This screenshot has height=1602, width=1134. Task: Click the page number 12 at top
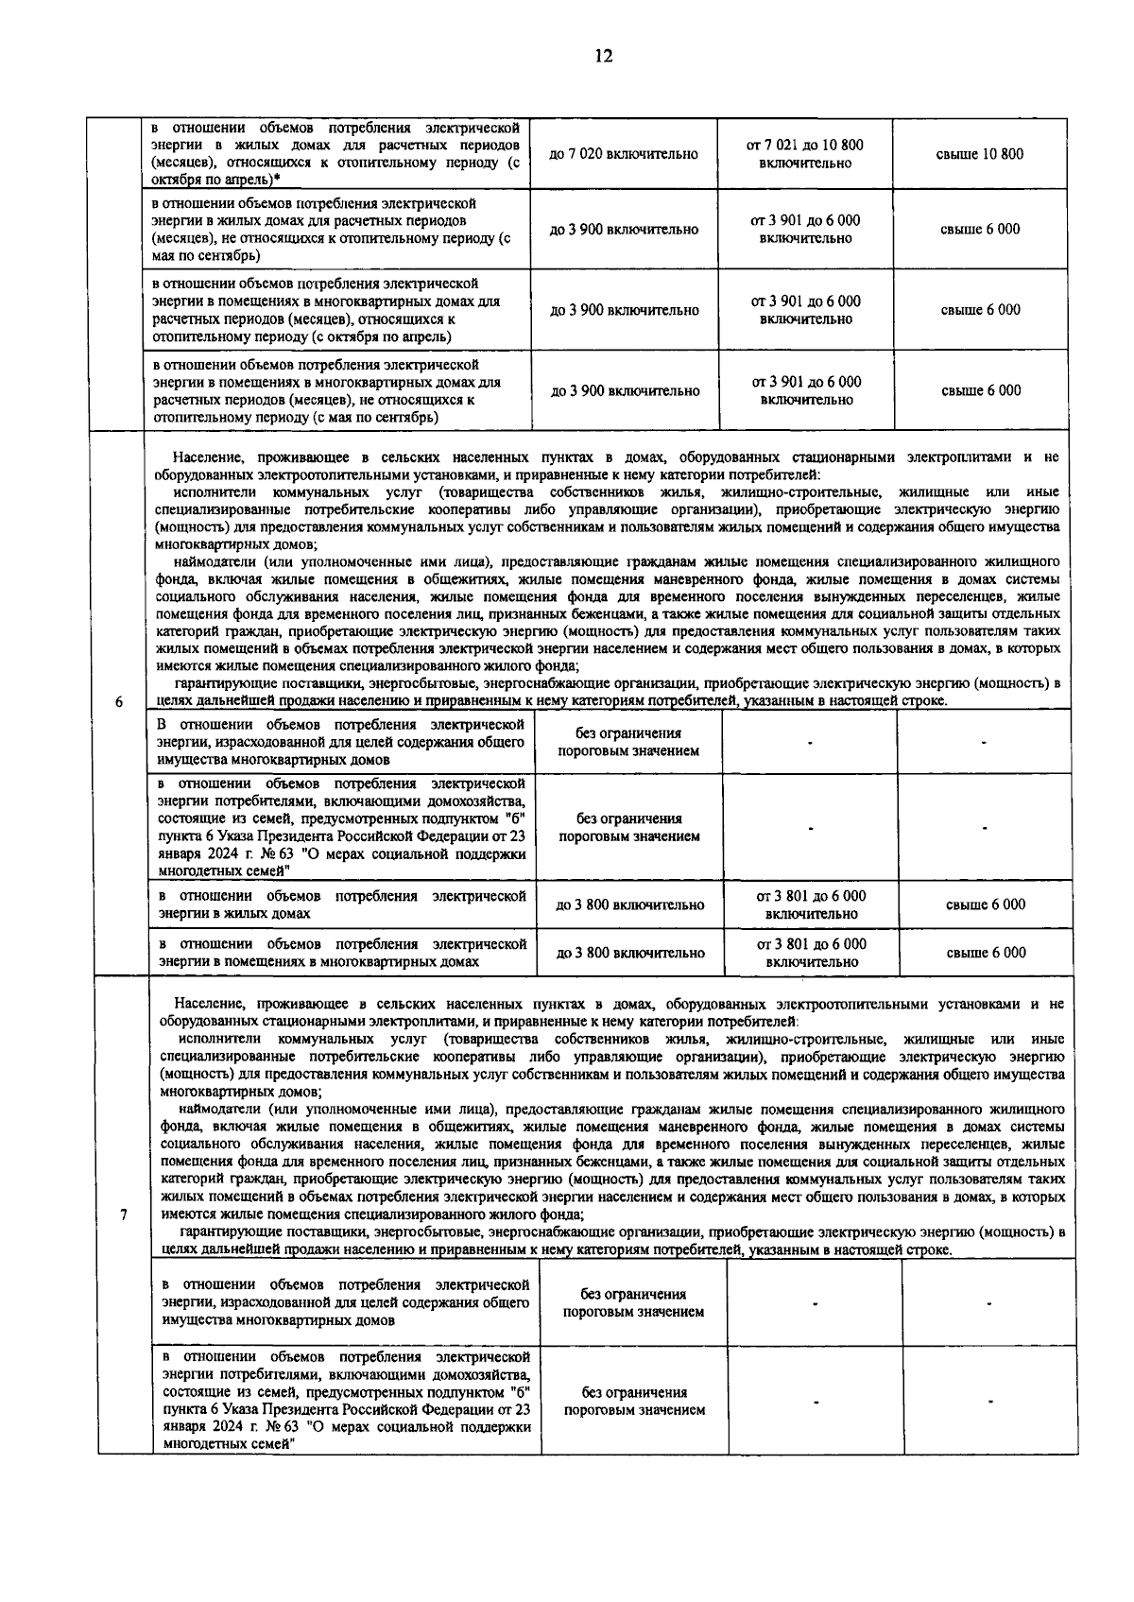604,56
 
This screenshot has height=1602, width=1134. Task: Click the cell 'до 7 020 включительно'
624,154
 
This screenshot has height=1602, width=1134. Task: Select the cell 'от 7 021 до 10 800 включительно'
805,154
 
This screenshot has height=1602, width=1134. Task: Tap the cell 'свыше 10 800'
980,154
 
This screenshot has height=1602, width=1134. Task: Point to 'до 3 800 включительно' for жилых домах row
630,905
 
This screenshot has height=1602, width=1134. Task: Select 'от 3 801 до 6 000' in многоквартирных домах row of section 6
811,944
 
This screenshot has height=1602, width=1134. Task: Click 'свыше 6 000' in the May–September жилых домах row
980,229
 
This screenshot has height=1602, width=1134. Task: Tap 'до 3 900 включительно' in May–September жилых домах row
625,230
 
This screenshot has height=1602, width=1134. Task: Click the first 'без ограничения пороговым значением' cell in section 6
628,742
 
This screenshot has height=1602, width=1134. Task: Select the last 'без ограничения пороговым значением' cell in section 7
634,1401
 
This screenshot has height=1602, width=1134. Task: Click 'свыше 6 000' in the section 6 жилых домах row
985,904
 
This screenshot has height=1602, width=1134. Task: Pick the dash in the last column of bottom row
989,1401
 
